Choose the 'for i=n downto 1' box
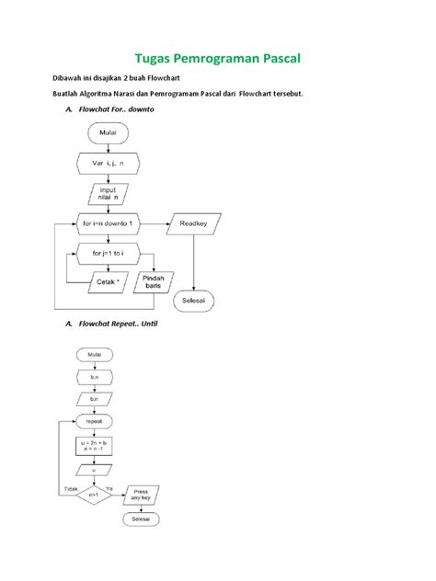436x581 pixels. click(111, 223)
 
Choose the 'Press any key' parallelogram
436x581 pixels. click(141, 493)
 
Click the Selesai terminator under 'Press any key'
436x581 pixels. click(141, 520)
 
